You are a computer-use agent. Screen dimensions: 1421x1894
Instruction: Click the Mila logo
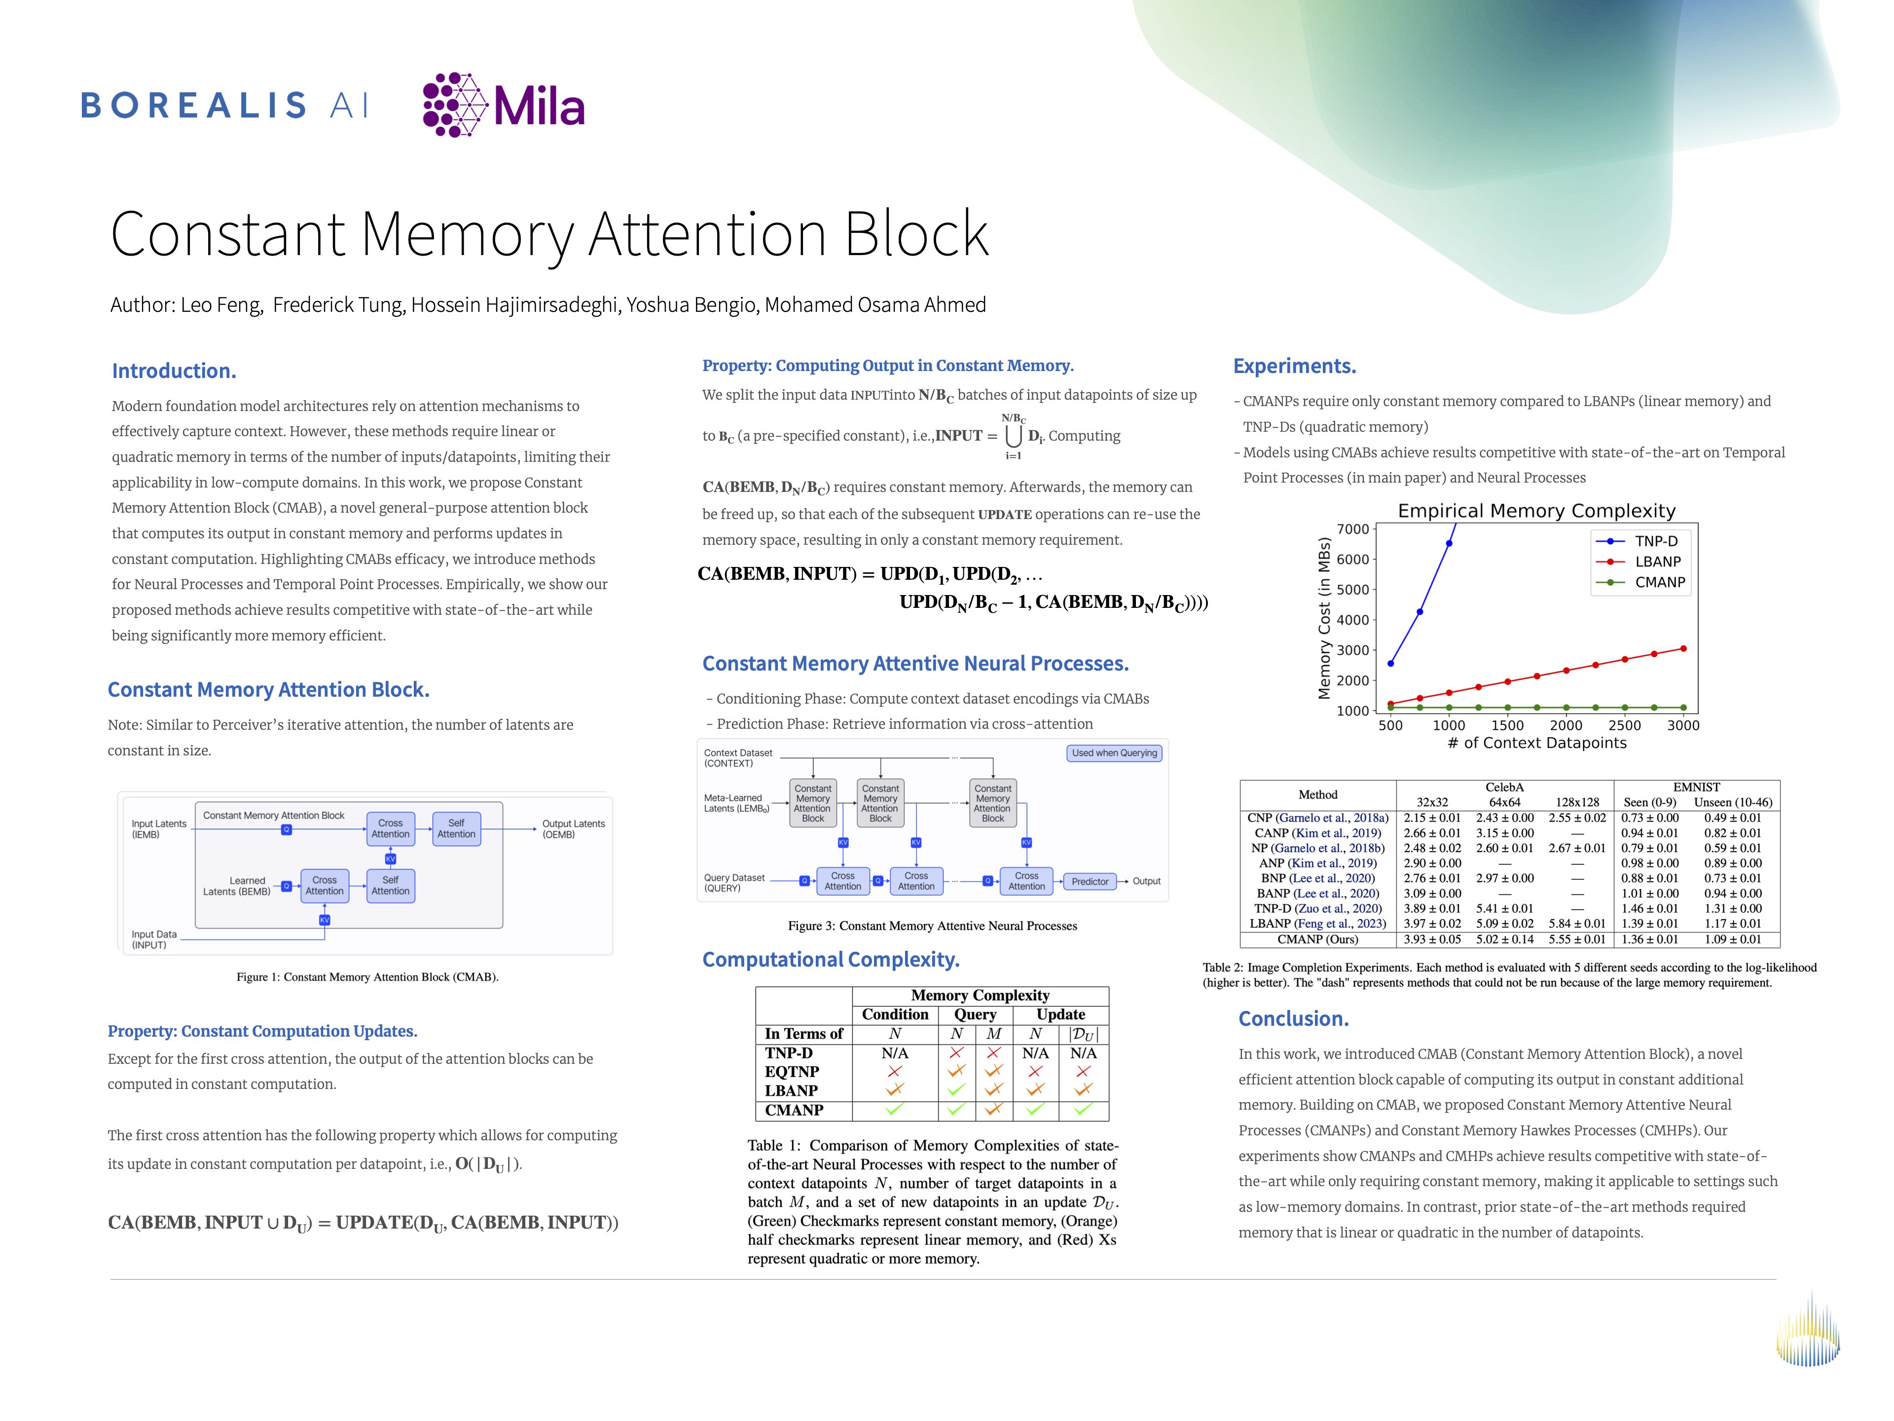[x=504, y=105]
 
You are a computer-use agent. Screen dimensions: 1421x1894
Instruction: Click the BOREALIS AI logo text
[x=224, y=106]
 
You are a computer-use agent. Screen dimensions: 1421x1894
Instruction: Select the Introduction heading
[x=174, y=371]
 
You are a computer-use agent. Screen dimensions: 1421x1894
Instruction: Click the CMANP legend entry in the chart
[x=1659, y=582]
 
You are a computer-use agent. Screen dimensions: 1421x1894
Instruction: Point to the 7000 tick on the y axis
[x=1353, y=529]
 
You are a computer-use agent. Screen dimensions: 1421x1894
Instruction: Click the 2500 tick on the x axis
[x=1624, y=725]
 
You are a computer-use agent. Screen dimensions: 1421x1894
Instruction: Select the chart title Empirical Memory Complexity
[x=1536, y=511]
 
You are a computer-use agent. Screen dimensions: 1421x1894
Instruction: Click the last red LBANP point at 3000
[x=1683, y=648]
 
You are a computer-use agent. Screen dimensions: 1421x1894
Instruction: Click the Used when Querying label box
[x=1114, y=753]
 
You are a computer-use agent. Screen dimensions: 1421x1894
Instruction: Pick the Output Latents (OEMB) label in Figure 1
[x=573, y=829]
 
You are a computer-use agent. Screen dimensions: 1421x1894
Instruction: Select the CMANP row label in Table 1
[x=794, y=1110]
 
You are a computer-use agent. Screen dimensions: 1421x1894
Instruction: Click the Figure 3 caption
[x=932, y=926]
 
